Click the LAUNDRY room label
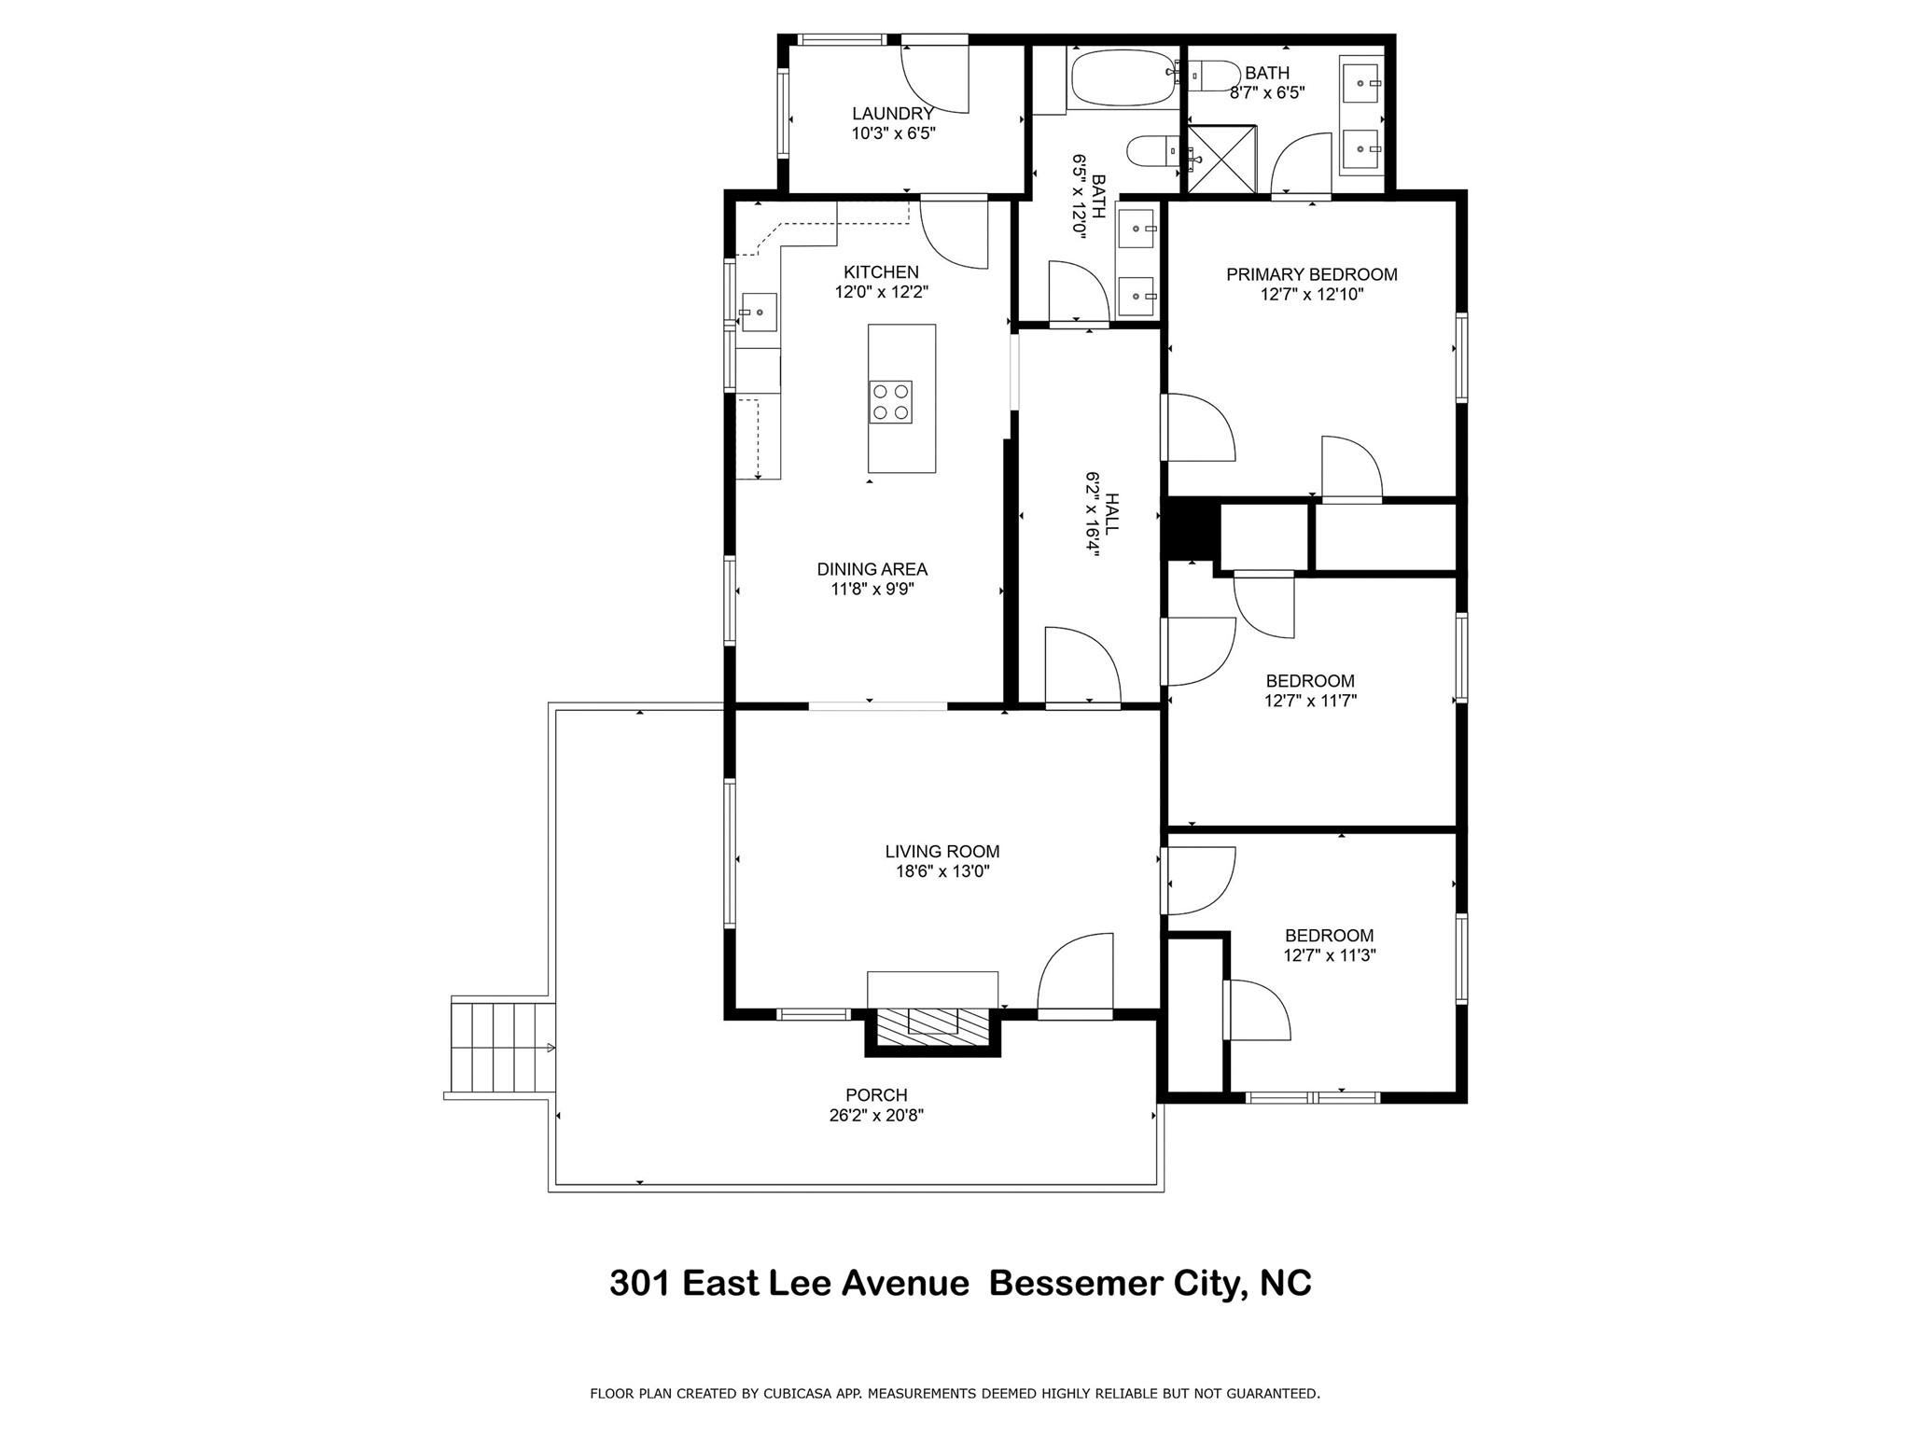pos(892,114)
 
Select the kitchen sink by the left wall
pos(760,312)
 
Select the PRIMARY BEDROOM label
pos(1311,274)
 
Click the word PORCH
pos(876,1095)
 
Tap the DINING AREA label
pos(872,569)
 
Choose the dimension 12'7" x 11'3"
pos(1329,955)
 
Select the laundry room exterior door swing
pos(933,78)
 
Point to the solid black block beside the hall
pos(1188,531)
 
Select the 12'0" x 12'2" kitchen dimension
pos(881,292)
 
